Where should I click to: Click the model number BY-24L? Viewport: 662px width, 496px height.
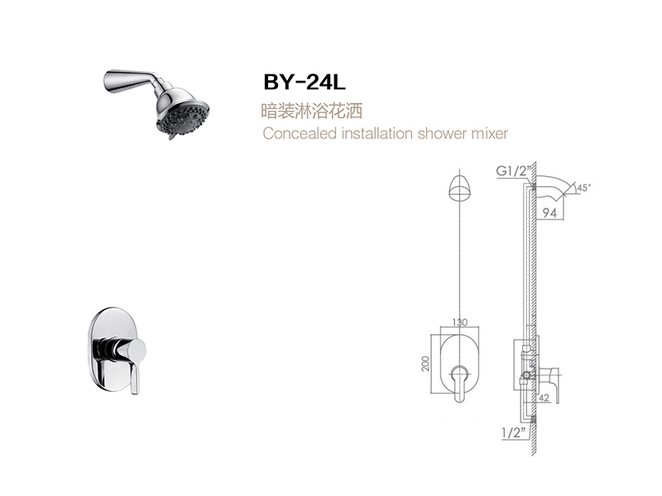[x=305, y=82]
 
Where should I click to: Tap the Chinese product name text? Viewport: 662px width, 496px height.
[x=312, y=111]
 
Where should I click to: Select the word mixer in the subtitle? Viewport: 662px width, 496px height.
[x=488, y=133]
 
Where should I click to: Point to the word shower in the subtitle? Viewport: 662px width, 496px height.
[x=441, y=133]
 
